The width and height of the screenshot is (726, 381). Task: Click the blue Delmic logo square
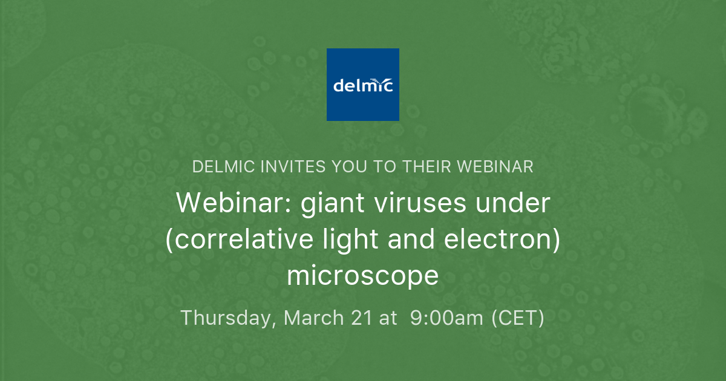(363, 85)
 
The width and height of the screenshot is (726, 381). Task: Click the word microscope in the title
(363, 276)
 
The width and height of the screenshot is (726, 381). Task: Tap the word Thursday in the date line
(227, 317)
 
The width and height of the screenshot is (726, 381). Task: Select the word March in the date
(315, 317)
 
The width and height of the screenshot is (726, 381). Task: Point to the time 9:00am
(447, 317)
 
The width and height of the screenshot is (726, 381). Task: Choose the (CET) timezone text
(517, 317)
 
